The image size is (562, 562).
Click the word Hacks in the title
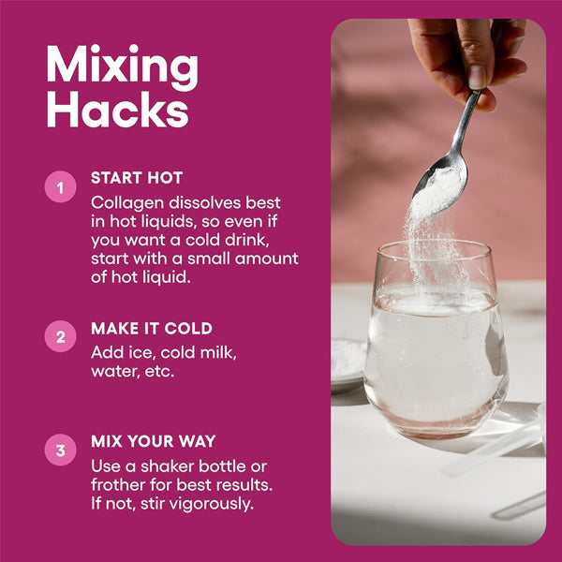click(118, 109)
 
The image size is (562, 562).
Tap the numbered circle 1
click(60, 187)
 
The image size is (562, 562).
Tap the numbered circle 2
click(60, 336)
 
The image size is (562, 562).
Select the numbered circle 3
click(60, 450)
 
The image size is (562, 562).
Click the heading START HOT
click(137, 178)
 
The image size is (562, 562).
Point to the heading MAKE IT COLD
click(152, 329)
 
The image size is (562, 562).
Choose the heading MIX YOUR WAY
click(154, 441)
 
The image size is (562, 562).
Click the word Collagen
click(127, 203)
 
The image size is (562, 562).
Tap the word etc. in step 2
click(159, 372)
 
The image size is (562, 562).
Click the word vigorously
click(211, 504)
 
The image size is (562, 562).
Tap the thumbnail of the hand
click(478, 77)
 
